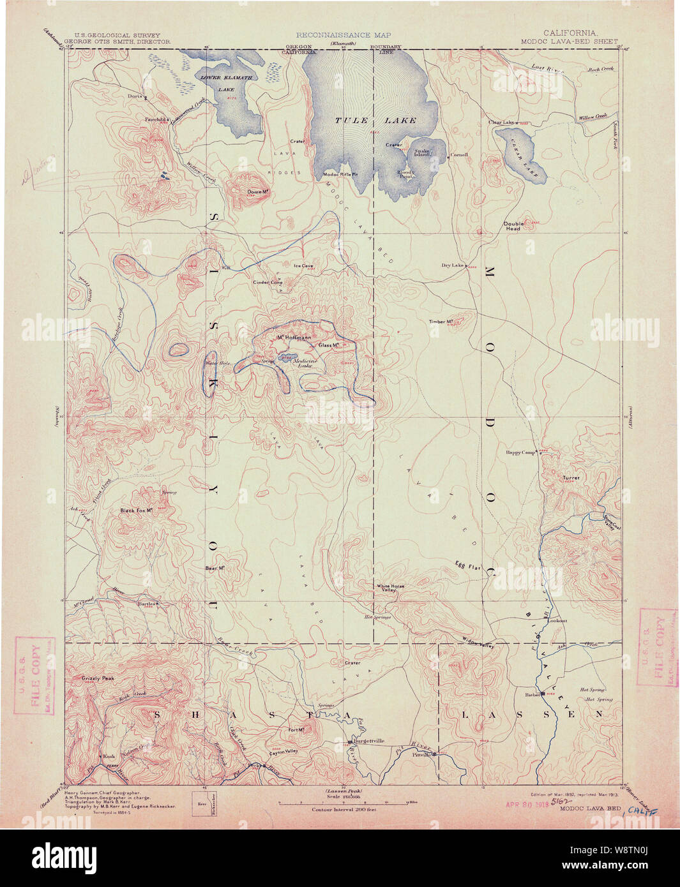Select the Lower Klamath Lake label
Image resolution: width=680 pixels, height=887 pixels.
tap(227, 84)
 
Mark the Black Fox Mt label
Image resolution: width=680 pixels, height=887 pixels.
tap(139, 511)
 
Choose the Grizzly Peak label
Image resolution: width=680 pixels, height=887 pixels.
tap(98, 678)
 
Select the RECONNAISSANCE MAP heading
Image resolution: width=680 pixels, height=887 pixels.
tap(343, 35)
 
